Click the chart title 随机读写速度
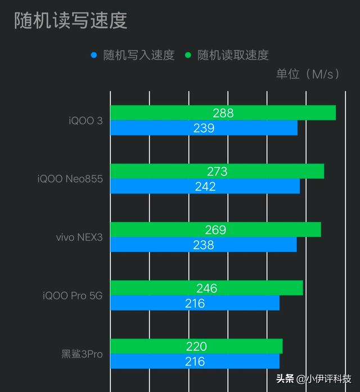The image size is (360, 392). [70, 20]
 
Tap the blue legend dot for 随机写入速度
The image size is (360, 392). [94, 55]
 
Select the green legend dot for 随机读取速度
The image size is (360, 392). [188, 55]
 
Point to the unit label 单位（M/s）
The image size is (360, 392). [308, 74]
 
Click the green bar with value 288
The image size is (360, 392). [223, 113]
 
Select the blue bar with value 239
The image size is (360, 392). [204, 128]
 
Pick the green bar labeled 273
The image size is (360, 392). [217, 171]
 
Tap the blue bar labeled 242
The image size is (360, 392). [205, 186]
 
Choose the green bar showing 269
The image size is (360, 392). [215, 229]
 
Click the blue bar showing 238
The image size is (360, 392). [203, 245]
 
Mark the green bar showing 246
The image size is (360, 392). [206, 288]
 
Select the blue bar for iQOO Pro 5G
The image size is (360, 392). [195, 303]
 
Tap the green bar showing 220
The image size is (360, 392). [196, 346]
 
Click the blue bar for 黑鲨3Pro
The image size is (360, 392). [195, 362]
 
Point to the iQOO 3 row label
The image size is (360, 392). [85, 121]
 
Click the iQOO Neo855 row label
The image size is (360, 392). [70, 179]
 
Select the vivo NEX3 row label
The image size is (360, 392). [79, 237]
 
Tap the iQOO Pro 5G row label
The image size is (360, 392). [73, 296]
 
